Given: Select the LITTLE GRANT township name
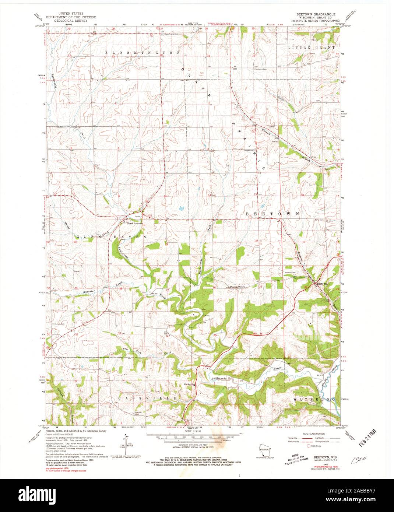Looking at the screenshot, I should pyautogui.click(x=311, y=48).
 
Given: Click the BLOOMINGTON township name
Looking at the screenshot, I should pyautogui.click(x=143, y=53).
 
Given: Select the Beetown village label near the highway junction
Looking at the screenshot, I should pyautogui.click(x=322, y=284).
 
